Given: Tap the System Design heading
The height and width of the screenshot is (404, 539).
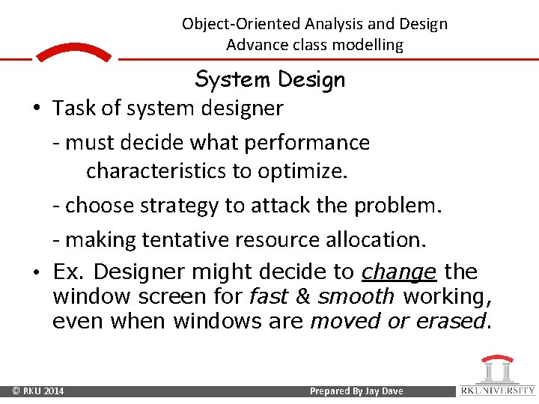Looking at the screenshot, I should click(269, 79).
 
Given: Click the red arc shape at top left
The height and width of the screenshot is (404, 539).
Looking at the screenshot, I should click(73, 52).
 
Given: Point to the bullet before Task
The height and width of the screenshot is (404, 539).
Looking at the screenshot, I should click(36, 109).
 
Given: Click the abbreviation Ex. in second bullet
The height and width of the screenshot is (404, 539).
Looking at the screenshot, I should click(70, 272).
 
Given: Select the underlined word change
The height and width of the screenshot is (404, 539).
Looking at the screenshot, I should click(399, 272).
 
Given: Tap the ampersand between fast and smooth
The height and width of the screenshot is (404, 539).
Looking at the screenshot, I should click(303, 297).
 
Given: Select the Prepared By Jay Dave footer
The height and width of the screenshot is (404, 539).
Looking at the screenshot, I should click(356, 391).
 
